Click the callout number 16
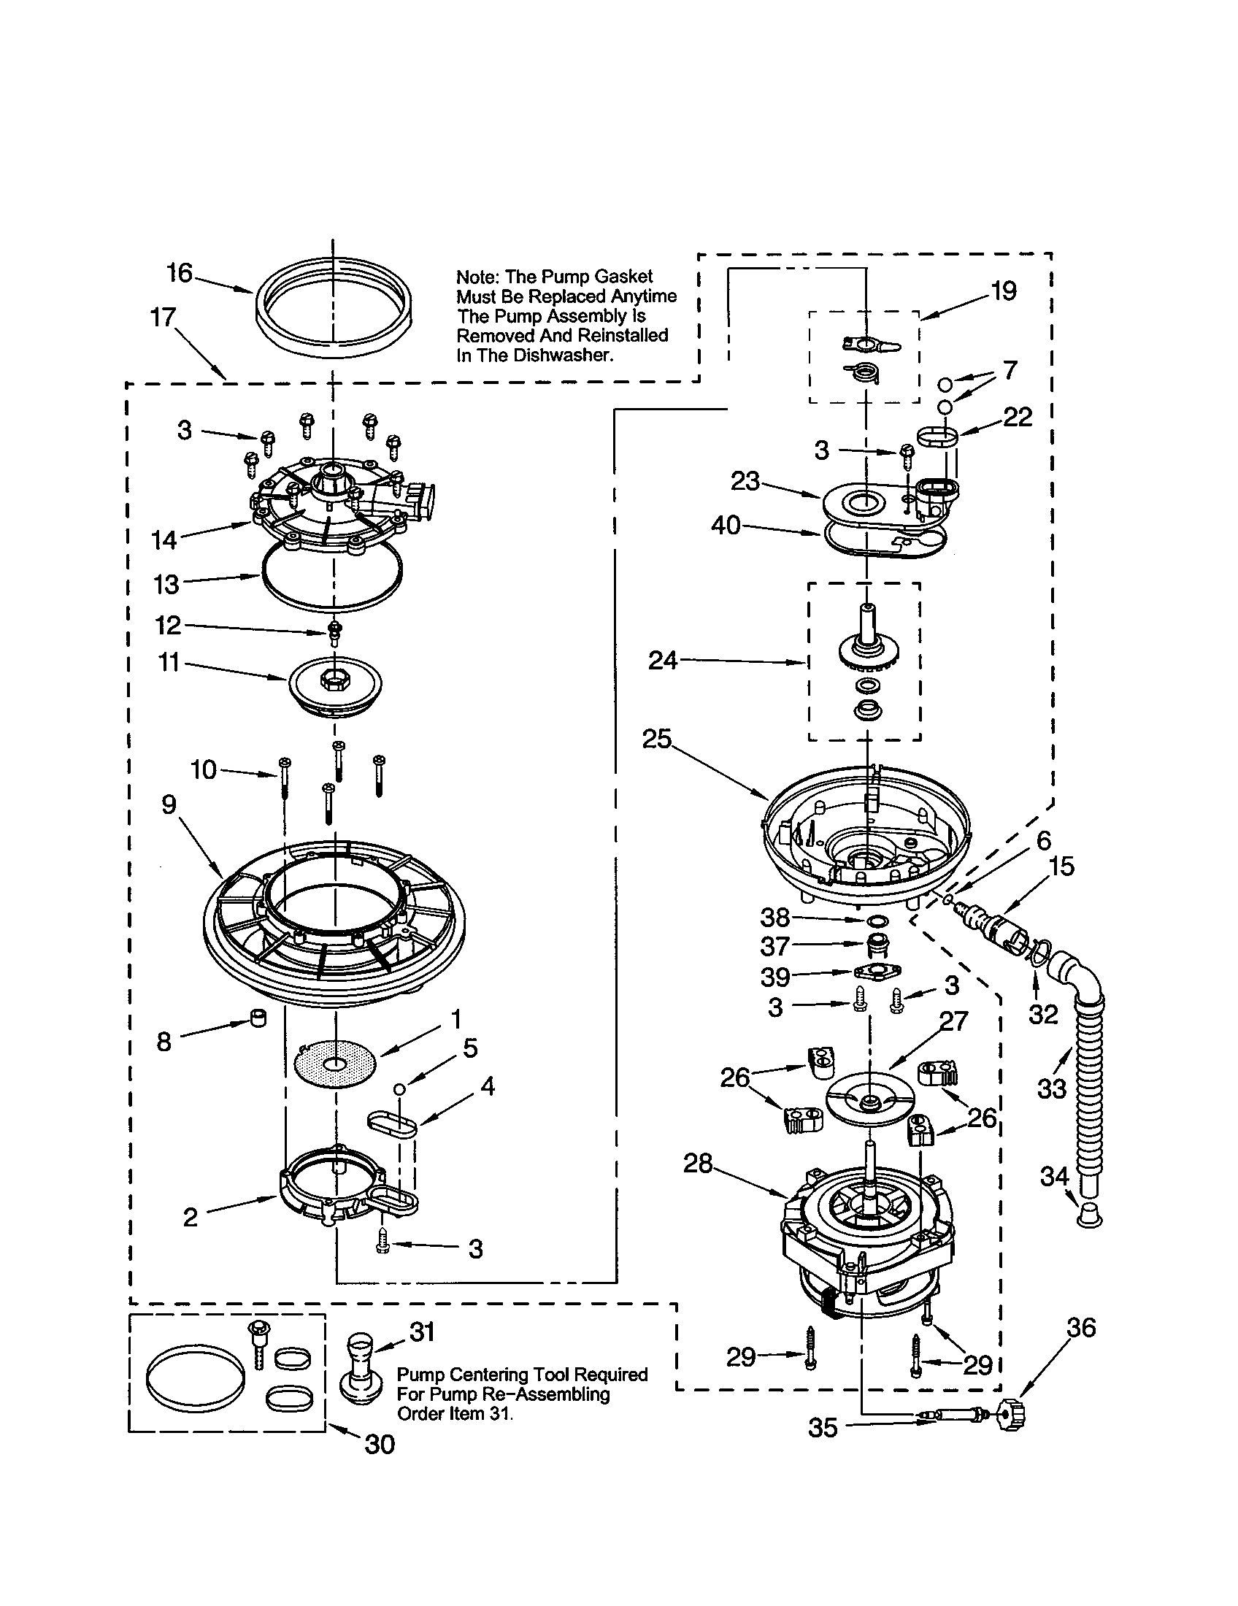click(x=179, y=273)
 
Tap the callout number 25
click(x=656, y=738)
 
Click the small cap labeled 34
click(x=1089, y=1215)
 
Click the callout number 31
click(x=422, y=1332)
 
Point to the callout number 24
click(x=662, y=661)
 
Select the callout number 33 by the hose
click(x=1051, y=1088)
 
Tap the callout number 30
click(x=380, y=1444)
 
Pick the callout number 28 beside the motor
click(x=698, y=1164)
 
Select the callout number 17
click(x=163, y=317)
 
